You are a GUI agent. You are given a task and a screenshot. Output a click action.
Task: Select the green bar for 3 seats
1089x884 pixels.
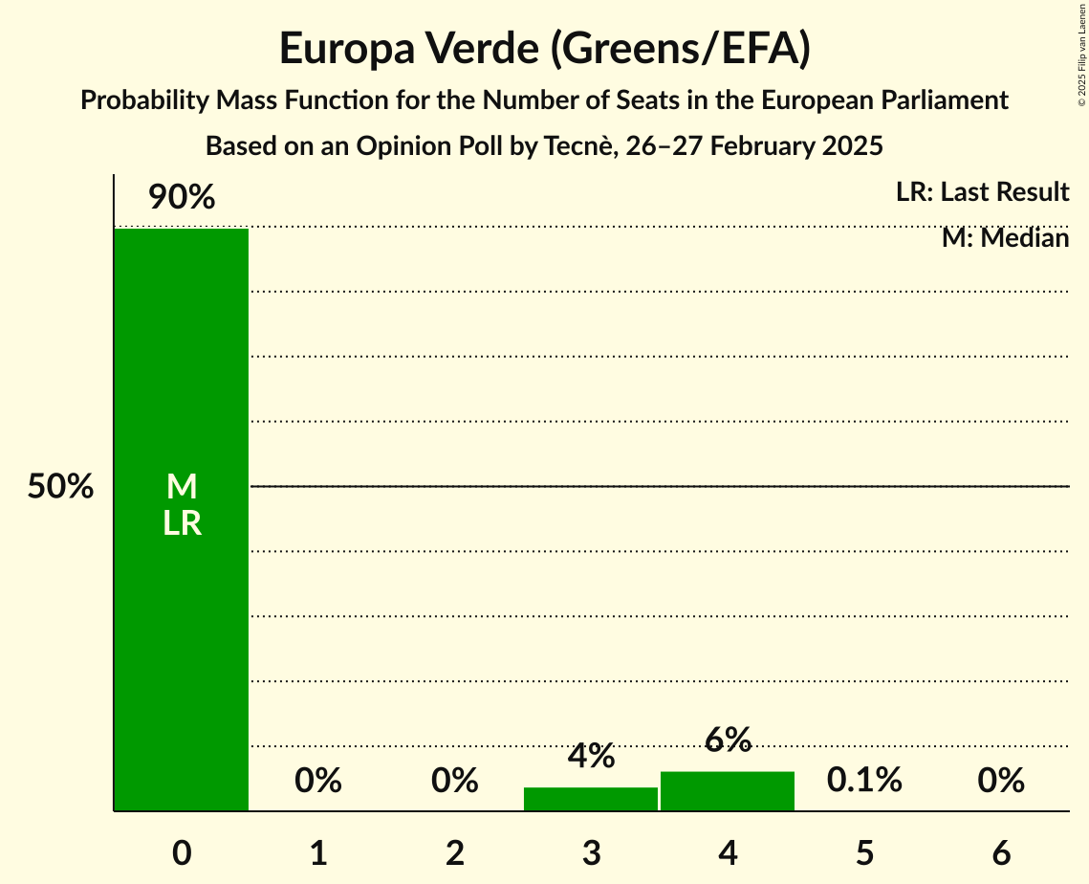coord(591,799)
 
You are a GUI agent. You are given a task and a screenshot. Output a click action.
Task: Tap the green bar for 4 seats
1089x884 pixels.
coord(728,791)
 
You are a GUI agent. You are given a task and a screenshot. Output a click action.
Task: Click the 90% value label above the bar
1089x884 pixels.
coord(182,198)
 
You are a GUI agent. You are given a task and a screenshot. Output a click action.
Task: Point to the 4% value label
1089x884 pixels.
coord(591,756)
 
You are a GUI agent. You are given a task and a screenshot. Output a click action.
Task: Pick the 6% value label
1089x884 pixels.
coord(728,740)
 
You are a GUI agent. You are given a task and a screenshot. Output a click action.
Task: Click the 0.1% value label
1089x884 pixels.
coord(864,780)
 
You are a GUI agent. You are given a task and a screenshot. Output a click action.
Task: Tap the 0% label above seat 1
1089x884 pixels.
coord(318,781)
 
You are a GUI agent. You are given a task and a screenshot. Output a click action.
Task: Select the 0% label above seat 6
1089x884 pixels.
coord(1001,781)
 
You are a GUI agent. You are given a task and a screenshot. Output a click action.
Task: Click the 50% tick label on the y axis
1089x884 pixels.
coord(60,487)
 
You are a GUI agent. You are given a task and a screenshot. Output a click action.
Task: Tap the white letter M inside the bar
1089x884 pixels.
coord(182,487)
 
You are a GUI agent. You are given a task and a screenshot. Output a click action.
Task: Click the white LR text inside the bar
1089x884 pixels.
coord(182,523)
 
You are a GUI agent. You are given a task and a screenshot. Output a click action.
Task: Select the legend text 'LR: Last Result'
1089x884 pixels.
coord(982,192)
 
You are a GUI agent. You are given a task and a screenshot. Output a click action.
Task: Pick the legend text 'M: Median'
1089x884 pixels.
coord(1005,237)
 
